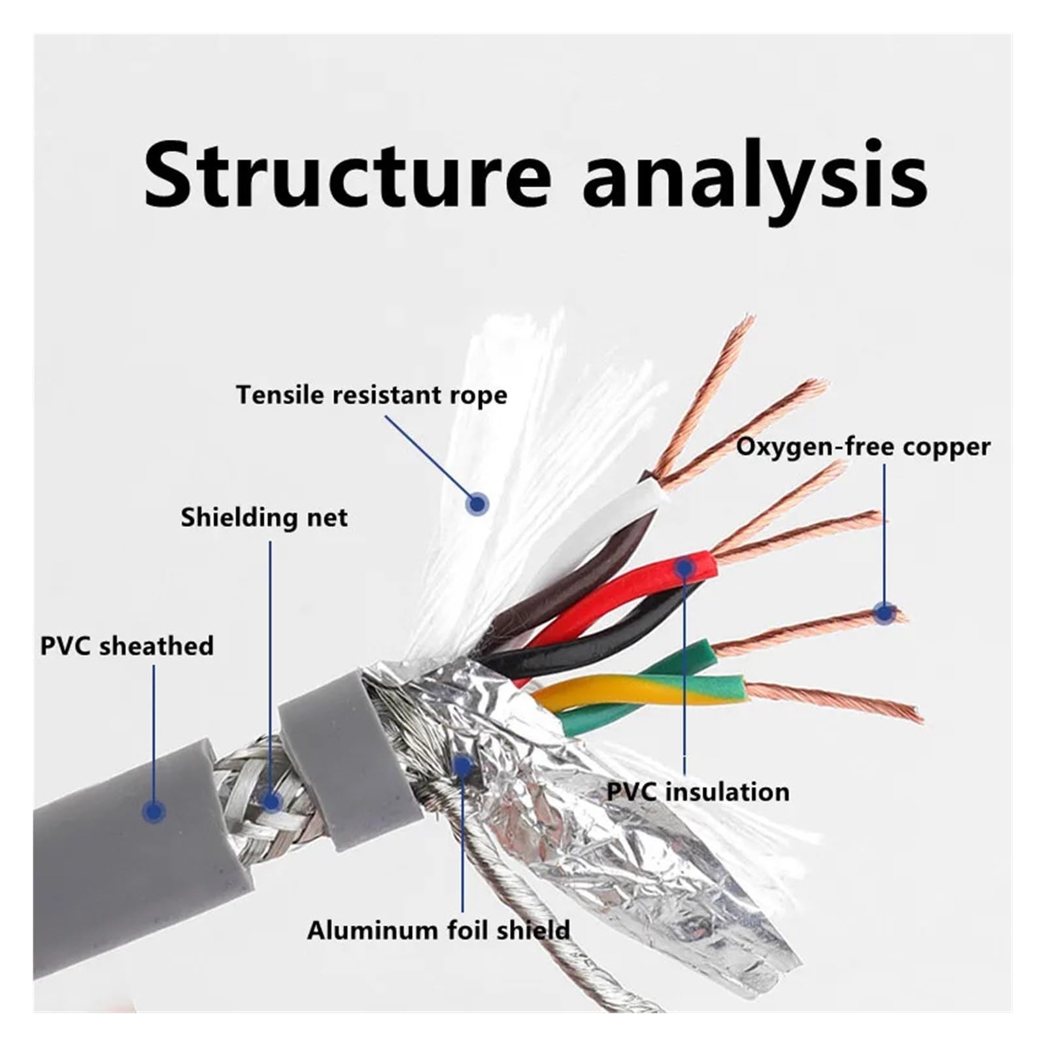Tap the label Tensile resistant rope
[x=371, y=396]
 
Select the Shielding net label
[x=264, y=517]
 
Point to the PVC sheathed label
[x=127, y=645]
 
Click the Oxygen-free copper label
[x=863, y=447]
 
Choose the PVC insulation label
[x=698, y=792]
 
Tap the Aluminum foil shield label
[x=439, y=930]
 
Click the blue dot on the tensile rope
[x=478, y=503]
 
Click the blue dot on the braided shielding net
[x=271, y=801]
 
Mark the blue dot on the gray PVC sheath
[x=154, y=811]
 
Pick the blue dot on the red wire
[x=684, y=568]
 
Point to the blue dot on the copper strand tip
[x=885, y=613]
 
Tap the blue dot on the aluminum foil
[x=463, y=766]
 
